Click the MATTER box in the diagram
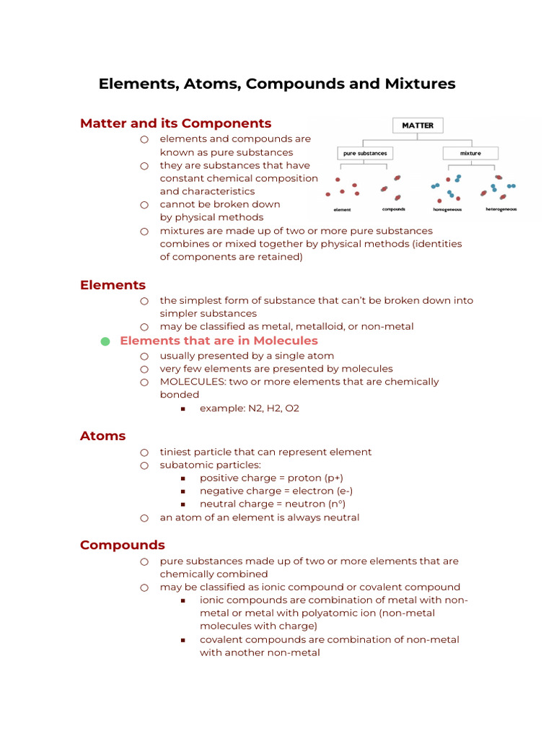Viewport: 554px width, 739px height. pyautogui.click(x=418, y=125)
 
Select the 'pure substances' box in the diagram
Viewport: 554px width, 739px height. pyautogui.click(x=365, y=153)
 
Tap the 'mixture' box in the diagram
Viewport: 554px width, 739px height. pyautogui.click(x=470, y=153)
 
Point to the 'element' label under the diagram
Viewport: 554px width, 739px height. pyautogui.click(x=342, y=209)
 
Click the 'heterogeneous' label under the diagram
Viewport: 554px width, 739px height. pyautogui.click(x=501, y=209)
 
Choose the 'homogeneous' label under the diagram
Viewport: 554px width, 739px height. pyautogui.click(x=447, y=209)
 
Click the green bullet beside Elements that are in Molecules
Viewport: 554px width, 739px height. pyautogui.click(x=105, y=341)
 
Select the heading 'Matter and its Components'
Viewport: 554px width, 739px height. pyautogui.click(x=175, y=123)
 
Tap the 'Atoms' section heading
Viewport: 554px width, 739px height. pyautogui.click(x=102, y=436)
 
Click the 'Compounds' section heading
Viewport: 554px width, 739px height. pyautogui.click(x=123, y=545)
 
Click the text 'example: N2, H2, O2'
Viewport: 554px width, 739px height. pyautogui.click(x=249, y=408)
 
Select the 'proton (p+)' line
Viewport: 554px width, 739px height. pyautogui.click(x=271, y=478)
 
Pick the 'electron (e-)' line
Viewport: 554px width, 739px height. pyautogui.click(x=276, y=491)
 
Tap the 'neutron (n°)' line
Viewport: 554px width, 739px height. pyautogui.click(x=278, y=504)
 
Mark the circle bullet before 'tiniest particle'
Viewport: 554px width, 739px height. pyautogui.click(x=144, y=452)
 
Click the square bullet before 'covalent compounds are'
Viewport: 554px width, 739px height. pyautogui.click(x=183, y=640)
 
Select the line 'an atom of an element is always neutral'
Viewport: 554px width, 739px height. pyautogui.click(x=259, y=517)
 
